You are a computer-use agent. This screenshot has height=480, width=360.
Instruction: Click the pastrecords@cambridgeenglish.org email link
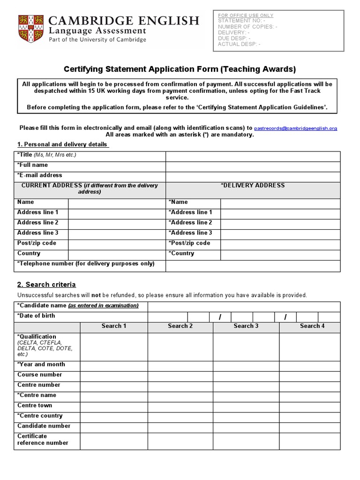click(x=295, y=128)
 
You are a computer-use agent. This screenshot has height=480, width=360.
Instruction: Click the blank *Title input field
click(x=253, y=156)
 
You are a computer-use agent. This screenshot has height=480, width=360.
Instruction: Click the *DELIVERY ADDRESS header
click(x=253, y=186)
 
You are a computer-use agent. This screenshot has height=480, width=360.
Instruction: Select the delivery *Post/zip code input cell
click(x=280, y=244)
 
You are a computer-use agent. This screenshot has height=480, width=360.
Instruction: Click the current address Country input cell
click(x=116, y=255)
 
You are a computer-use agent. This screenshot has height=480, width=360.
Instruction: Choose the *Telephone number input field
click(x=253, y=265)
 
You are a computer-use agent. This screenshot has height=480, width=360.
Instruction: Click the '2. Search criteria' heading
click(x=46, y=285)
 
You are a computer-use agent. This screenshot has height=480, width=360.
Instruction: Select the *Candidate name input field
click(x=244, y=307)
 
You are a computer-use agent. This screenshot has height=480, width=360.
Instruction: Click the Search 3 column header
click(x=246, y=326)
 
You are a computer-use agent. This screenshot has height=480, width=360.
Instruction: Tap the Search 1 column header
click(x=114, y=326)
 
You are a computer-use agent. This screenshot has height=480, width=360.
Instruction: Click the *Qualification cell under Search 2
click(x=180, y=346)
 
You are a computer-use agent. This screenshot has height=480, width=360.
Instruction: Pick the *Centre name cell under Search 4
click(x=309, y=396)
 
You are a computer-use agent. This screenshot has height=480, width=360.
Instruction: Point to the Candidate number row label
click(x=44, y=426)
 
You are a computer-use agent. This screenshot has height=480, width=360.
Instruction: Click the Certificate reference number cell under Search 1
click(x=114, y=441)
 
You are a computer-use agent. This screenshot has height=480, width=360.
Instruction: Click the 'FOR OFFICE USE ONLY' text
click(x=246, y=15)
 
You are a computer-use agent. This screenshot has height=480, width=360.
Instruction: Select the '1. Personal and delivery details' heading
click(x=62, y=144)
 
